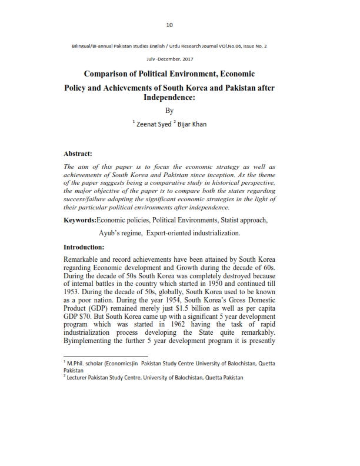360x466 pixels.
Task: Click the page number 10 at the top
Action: (169, 25)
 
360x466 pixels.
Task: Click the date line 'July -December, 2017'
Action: (169, 59)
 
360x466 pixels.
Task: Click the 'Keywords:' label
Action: (80, 219)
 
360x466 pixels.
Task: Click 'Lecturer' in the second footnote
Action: (80, 377)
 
